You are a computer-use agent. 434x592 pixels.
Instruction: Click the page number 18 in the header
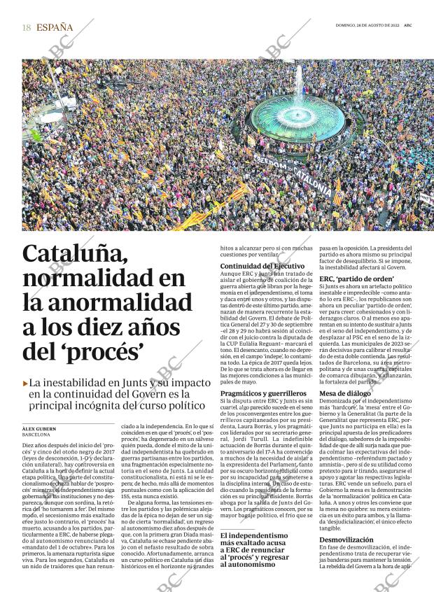pos(27,28)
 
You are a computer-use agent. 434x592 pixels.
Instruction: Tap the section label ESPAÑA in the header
pos(55,28)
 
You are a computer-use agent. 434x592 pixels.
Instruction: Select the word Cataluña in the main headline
pos(75,255)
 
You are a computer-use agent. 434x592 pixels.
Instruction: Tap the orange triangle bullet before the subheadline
pos(26,383)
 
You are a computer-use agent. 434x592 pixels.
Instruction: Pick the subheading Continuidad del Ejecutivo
pos(262,267)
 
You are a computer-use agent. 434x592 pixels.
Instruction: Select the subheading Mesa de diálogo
pos(344,393)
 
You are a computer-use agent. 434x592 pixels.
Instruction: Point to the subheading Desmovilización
pos(348,540)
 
